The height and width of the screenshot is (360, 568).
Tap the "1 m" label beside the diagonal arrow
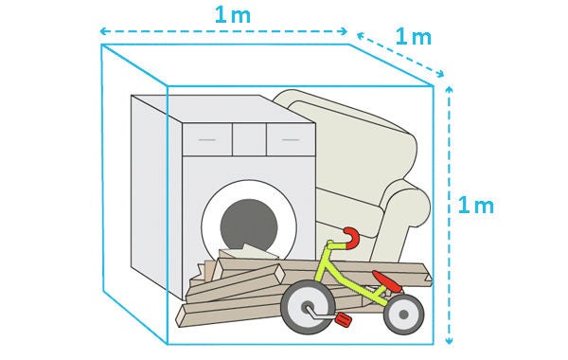point(413,38)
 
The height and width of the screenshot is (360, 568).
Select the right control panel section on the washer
point(289,139)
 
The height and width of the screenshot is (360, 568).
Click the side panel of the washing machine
point(149,189)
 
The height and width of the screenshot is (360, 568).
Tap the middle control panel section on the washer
point(248,139)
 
